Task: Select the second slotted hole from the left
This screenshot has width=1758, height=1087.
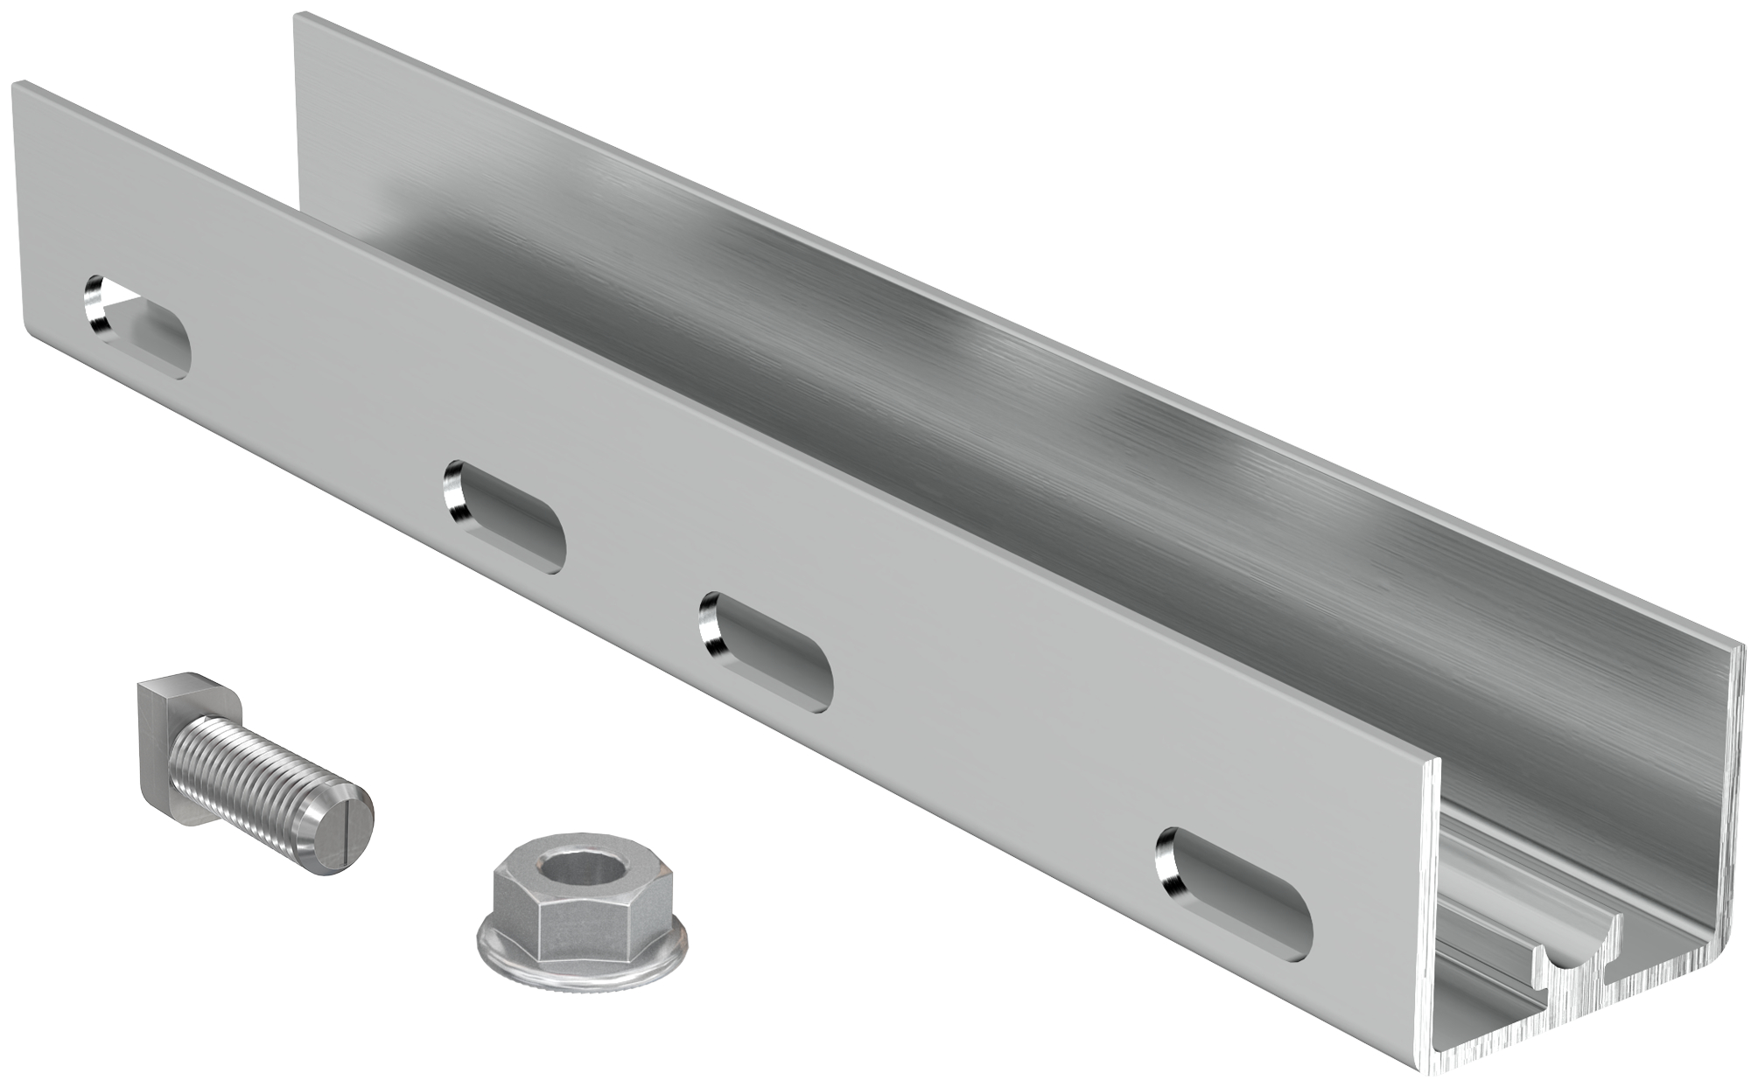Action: pos(504,517)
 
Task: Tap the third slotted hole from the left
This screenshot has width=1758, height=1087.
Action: pos(767,648)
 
